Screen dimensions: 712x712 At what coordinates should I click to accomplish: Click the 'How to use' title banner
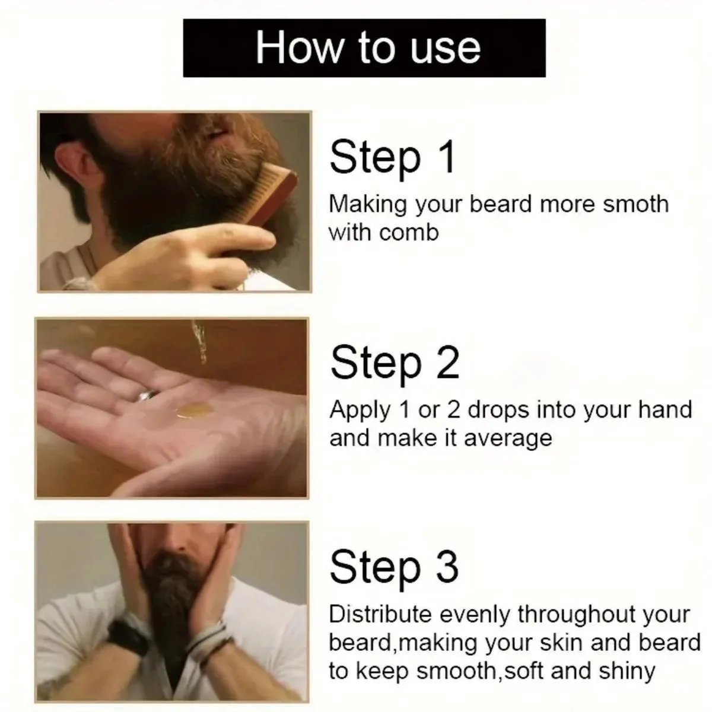pos(364,47)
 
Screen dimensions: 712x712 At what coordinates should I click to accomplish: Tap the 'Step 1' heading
pos(392,157)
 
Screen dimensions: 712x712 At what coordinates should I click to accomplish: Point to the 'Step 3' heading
pos(394,567)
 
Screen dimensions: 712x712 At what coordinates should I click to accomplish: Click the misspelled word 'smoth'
pos(635,204)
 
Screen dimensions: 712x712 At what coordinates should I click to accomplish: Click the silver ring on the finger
pos(147,395)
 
